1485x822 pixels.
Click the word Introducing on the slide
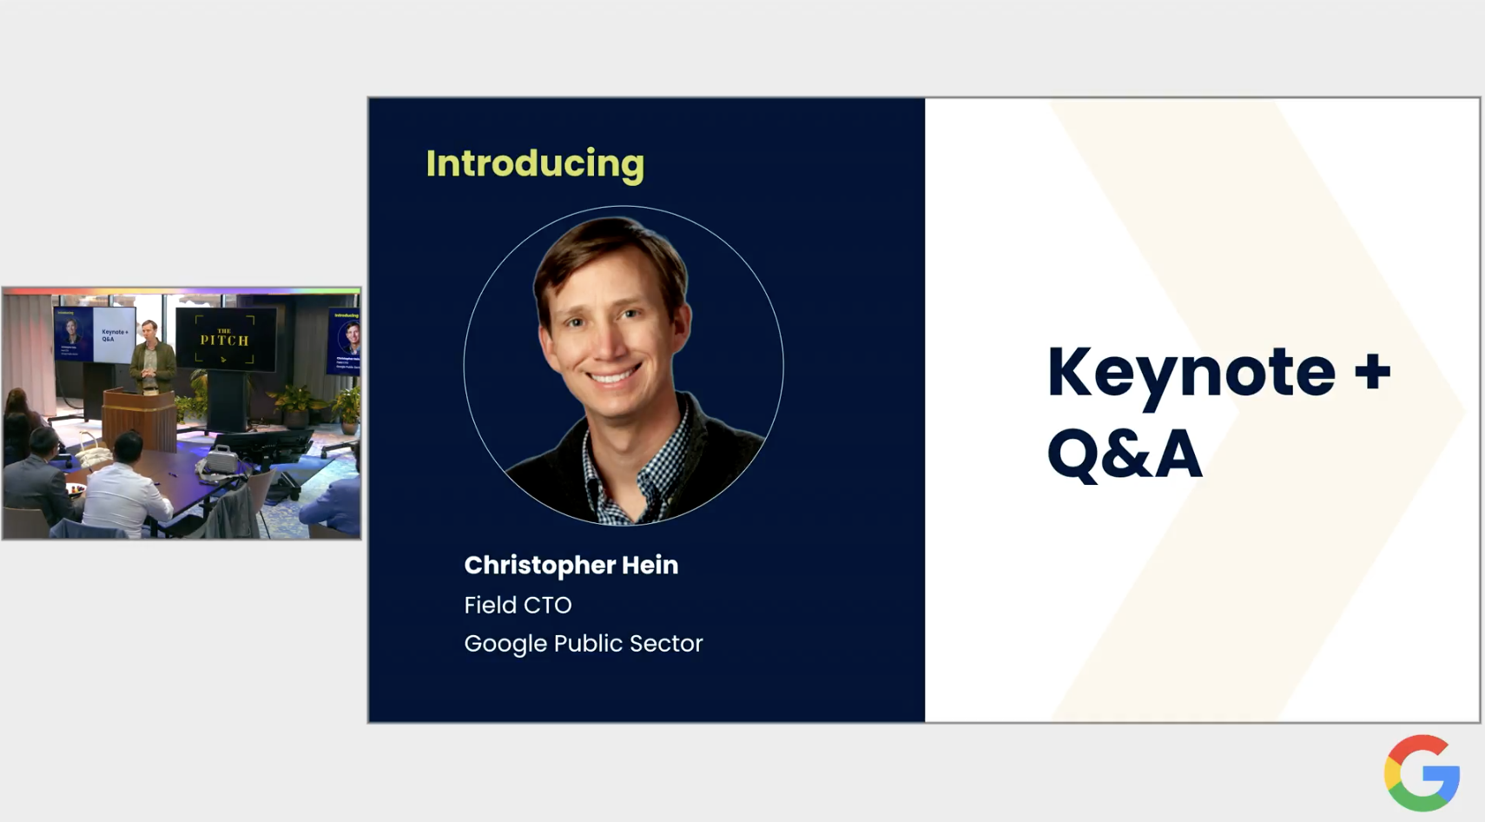click(535, 164)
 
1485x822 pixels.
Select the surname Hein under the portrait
click(650, 565)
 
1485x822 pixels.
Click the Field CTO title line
click(518, 605)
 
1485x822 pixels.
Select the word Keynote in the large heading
click(1190, 373)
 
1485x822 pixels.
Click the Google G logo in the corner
click(1422, 773)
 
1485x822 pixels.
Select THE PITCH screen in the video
click(226, 339)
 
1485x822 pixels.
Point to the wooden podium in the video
click(139, 417)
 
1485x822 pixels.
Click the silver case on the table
click(221, 461)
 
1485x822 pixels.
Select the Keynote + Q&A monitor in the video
click(96, 334)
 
